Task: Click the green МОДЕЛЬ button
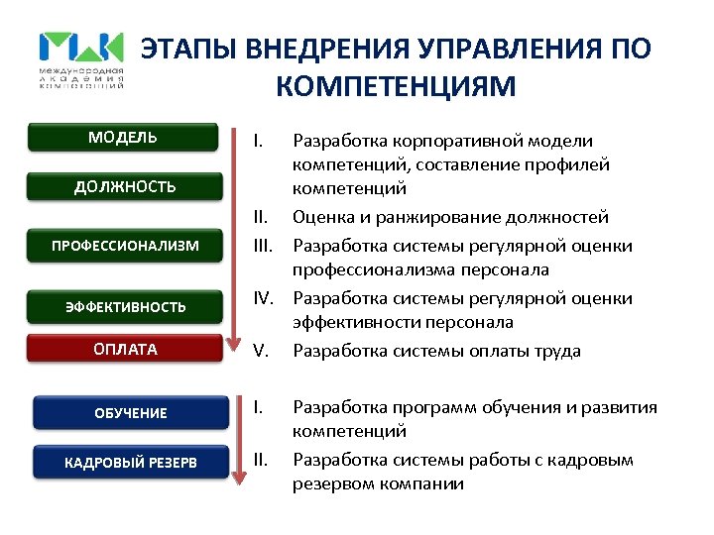[122, 137]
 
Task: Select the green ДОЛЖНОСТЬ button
[125, 185]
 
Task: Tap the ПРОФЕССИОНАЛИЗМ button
[125, 246]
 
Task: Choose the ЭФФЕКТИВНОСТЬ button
[125, 306]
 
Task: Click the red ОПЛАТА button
[125, 349]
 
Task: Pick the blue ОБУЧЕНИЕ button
[130, 412]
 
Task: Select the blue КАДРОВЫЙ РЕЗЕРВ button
[130, 463]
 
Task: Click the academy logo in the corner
[81, 59]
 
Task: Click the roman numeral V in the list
[260, 351]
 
